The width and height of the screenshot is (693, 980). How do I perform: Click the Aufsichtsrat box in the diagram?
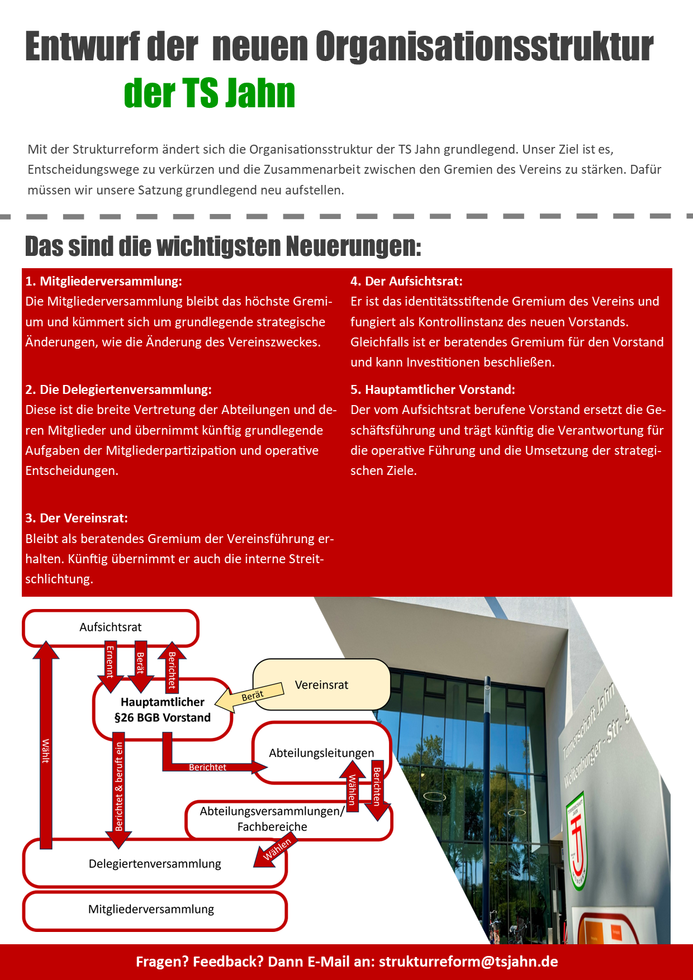(111, 627)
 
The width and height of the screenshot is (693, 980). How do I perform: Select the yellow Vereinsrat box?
(322, 685)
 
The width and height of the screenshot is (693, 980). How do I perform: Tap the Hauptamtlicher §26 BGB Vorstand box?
(163, 710)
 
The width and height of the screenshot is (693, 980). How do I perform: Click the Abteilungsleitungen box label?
(321, 753)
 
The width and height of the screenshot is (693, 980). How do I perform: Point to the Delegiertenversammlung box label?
(155, 864)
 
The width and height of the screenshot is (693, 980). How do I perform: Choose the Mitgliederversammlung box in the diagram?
(151, 909)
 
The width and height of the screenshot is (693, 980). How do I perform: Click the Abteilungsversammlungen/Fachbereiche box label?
(272, 819)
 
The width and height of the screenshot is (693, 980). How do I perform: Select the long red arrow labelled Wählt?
(46, 749)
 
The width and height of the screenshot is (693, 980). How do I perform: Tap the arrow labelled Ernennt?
(110, 662)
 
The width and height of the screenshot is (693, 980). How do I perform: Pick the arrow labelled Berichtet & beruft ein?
(119, 788)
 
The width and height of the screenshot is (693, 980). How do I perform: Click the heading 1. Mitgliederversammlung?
(104, 281)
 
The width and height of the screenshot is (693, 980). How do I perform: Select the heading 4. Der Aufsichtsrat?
(406, 281)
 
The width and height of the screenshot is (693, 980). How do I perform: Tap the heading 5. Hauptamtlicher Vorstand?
(433, 389)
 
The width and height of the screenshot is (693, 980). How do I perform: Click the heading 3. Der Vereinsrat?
(77, 518)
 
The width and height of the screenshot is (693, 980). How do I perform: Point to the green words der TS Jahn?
(210, 93)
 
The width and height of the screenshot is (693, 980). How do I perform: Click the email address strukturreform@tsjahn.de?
(468, 962)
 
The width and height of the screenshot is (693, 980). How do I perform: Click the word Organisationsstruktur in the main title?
(484, 47)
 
